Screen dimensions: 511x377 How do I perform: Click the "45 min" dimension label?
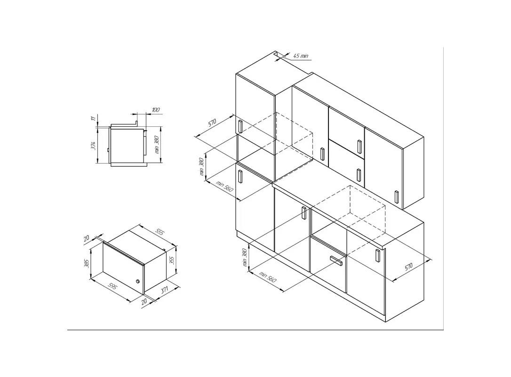pyautogui.click(x=301, y=56)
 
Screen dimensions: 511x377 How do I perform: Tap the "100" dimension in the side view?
pyautogui.click(x=156, y=110)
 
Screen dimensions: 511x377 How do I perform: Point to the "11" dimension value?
pyautogui.click(x=94, y=119)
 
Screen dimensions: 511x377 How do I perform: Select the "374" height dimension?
pyautogui.click(x=93, y=146)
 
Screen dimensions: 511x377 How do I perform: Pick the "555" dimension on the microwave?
pyautogui.click(x=160, y=231)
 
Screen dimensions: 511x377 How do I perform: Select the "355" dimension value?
pyautogui.click(x=172, y=260)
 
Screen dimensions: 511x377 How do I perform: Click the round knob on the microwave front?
pyautogui.click(x=137, y=281)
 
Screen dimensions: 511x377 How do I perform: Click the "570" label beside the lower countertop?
pyautogui.click(x=409, y=267)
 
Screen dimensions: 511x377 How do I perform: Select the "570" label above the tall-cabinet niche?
pyautogui.click(x=212, y=123)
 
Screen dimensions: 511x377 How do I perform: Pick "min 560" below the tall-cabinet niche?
pyautogui.click(x=224, y=186)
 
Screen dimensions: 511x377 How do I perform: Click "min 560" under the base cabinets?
pyautogui.click(x=267, y=277)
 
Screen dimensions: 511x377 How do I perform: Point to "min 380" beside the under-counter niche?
pyautogui.click(x=245, y=257)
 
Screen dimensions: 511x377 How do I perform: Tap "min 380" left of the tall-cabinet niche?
pyautogui.click(x=201, y=167)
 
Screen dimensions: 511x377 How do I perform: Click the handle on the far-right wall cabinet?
pyautogui.click(x=397, y=197)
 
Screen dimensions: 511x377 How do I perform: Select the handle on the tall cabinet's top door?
pyautogui.click(x=240, y=127)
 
